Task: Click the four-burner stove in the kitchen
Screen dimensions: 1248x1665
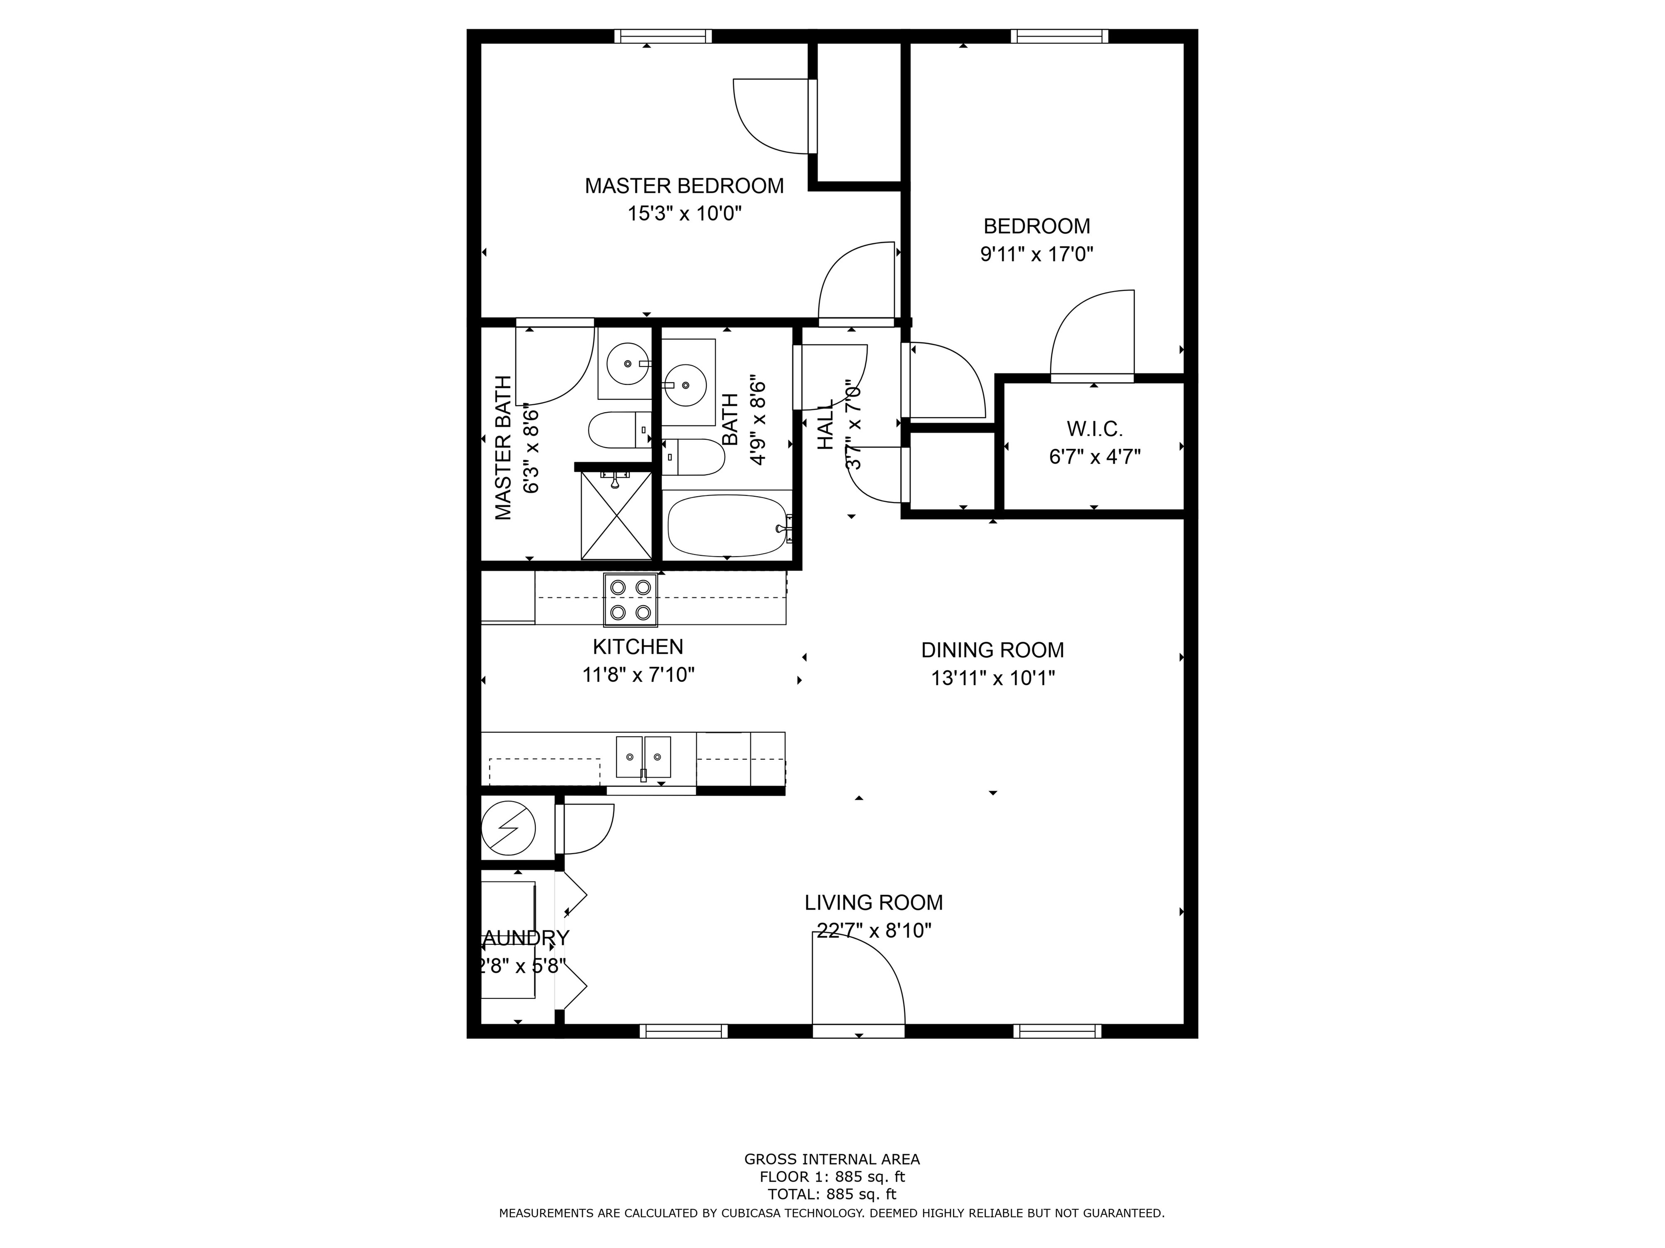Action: (630, 599)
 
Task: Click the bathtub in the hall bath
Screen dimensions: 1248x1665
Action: (726, 525)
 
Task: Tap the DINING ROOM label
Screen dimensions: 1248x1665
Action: (992, 650)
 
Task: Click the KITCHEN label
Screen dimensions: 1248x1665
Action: (638, 647)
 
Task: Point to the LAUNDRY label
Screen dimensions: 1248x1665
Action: (524, 938)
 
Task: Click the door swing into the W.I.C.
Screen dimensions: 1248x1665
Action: (1091, 335)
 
